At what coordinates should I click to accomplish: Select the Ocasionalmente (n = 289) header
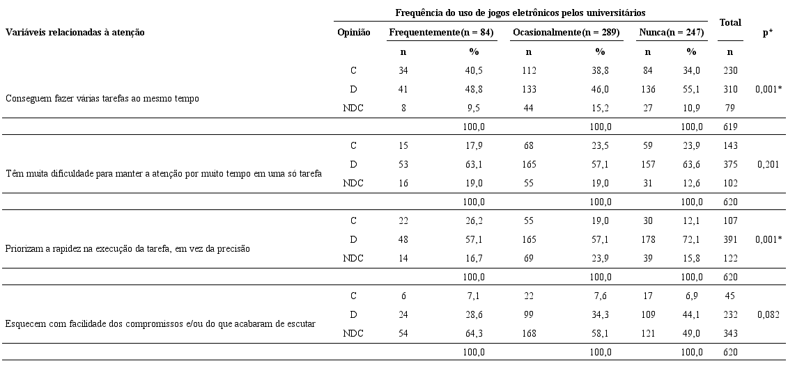tap(566, 33)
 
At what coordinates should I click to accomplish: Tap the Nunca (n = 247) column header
tap(671, 33)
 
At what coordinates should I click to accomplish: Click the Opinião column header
tap(353, 33)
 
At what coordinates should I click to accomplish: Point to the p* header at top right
tap(767, 33)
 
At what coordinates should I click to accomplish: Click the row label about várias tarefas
tap(102, 98)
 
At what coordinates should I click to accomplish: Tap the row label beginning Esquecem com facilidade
tap(161, 323)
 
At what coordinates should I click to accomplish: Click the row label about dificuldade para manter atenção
tap(164, 173)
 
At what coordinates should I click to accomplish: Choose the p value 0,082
tap(767, 314)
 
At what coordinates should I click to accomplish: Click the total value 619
tap(729, 127)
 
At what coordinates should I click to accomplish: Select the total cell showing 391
tap(729, 239)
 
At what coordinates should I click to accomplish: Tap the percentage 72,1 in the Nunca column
tap(691, 239)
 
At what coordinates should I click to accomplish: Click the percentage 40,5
tap(474, 70)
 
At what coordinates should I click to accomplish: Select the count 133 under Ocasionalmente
tap(529, 89)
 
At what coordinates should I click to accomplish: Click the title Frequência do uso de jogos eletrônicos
tap(520, 13)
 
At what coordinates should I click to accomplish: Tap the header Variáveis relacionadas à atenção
tap(75, 33)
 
